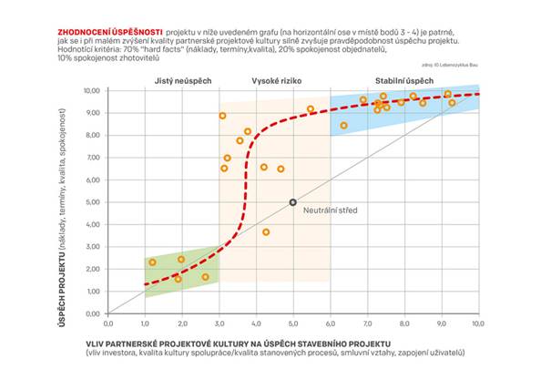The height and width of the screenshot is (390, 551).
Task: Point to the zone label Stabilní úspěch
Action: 404,81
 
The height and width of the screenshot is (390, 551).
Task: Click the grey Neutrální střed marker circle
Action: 292,202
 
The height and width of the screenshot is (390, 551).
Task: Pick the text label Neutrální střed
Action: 329,210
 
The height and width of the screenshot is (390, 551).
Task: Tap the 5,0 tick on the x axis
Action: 292,323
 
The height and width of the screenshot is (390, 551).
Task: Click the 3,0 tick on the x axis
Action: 219,323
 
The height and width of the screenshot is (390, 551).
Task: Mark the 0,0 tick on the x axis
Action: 108,323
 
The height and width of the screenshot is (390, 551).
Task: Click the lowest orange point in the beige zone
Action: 266,232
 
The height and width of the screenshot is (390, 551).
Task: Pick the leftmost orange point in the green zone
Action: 152,262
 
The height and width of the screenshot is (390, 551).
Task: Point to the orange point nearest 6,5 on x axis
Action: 343,126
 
